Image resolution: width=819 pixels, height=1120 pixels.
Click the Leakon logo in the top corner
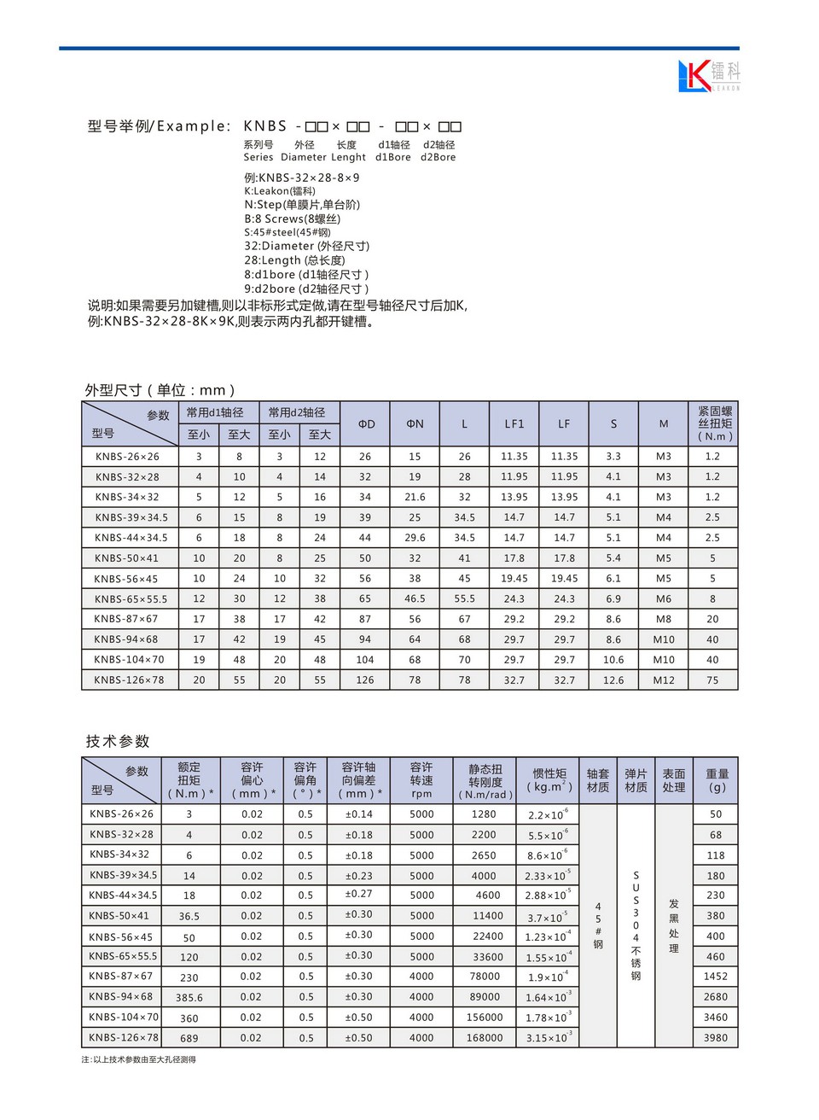709,76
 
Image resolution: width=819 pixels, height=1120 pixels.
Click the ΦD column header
365,423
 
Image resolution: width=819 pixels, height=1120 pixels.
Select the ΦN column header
415,423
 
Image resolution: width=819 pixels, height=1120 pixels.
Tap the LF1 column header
514,423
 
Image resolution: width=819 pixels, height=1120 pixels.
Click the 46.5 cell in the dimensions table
415,599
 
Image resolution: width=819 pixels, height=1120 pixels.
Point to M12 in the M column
664,680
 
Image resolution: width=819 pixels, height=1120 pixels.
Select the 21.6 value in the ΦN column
415,497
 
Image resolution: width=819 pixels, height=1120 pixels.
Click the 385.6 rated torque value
189,998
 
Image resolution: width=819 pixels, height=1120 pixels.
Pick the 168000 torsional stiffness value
485,1038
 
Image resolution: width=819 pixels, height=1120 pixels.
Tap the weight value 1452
716,977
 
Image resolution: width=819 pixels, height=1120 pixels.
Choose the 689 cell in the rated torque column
189,1039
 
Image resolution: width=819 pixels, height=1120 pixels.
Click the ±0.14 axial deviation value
359,814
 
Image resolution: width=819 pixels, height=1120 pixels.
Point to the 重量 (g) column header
717,780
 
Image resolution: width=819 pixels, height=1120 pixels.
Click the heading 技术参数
118,741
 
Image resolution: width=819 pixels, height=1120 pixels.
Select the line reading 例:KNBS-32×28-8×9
302,178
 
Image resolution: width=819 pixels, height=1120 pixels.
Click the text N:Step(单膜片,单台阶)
302,205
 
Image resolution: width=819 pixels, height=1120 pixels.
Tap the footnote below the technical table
139,1060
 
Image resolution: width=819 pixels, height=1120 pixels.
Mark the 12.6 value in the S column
613,680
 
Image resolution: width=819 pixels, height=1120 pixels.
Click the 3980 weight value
716,1038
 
